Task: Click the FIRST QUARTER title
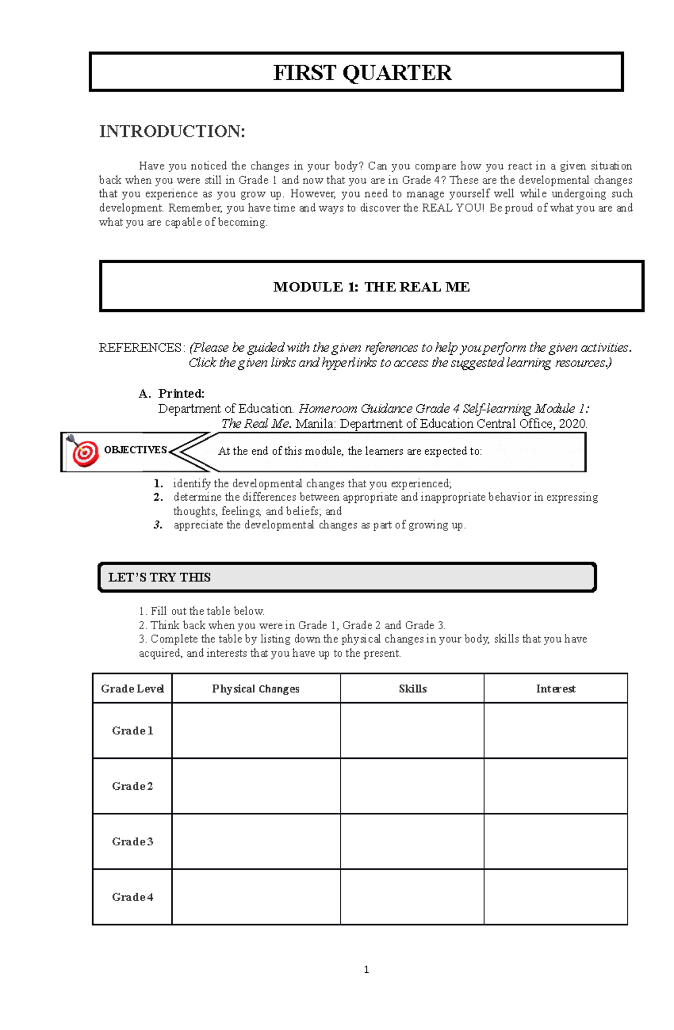[x=362, y=73]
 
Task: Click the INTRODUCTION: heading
[x=172, y=131]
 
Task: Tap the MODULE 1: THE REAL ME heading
[x=371, y=287]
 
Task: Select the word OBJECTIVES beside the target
[x=135, y=450]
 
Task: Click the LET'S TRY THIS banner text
[x=160, y=577]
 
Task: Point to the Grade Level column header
[x=132, y=689]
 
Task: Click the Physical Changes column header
[x=256, y=689]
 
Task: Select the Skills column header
[x=412, y=689]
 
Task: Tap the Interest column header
[x=555, y=689]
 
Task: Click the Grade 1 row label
[x=132, y=731]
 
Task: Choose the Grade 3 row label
[x=132, y=841]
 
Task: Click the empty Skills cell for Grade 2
[x=412, y=786]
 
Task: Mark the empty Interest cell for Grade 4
[x=555, y=896]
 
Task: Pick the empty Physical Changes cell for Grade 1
[x=256, y=731]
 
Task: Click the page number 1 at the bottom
[x=366, y=969]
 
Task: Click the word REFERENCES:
[x=141, y=348]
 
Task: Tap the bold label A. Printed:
[x=172, y=393]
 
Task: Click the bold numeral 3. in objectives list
[x=158, y=525]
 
